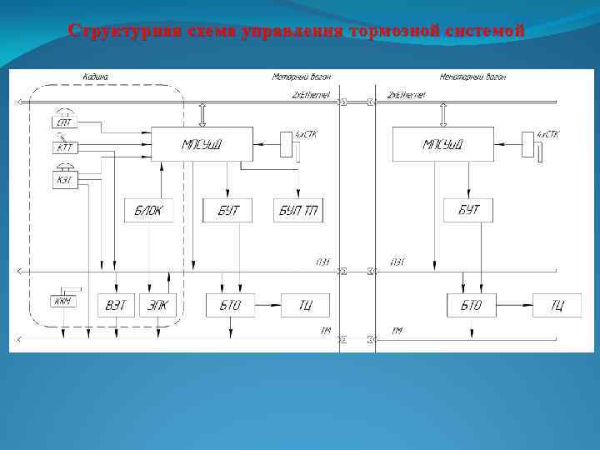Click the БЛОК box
pos(149,211)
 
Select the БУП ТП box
pos(298,211)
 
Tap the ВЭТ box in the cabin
pos(117,305)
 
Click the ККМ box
pos(63,301)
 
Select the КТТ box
pos(63,148)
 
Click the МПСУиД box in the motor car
pos(201,144)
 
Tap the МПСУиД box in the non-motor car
pos(442,144)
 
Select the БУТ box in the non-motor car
pos(468,210)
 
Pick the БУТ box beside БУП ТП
pos(227,211)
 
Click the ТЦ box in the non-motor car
pos(556,305)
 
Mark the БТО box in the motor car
pos(231,305)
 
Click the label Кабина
pos(94,77)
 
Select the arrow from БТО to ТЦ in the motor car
pos(267,305)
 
